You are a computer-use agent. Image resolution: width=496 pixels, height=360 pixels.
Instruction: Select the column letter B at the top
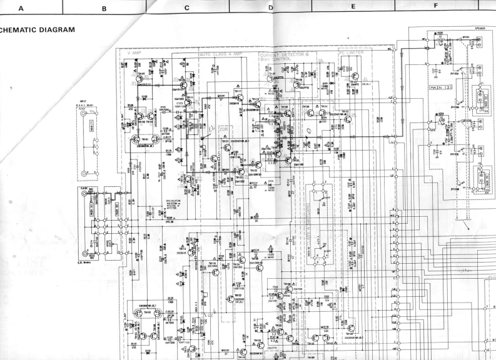click(104, 7)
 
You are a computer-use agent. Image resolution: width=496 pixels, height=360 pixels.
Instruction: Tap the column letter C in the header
click(186, 7)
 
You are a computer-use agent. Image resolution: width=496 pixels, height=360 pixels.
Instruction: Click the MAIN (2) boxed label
click(440, 87)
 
